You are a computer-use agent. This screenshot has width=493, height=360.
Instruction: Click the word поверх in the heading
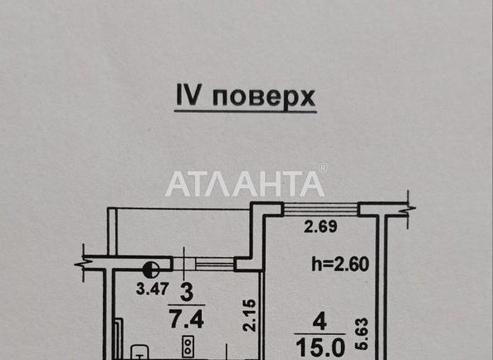pos(264,97)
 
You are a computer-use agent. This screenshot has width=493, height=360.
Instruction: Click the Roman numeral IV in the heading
pos(188,95)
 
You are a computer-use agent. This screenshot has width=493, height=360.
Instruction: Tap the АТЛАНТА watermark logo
pos(245,184)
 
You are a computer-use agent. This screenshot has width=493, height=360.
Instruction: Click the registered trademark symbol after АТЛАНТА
pos(323,168)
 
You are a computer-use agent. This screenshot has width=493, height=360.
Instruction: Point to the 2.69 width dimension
pos(320,226)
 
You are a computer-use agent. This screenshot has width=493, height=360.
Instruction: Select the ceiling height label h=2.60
pos(340,264)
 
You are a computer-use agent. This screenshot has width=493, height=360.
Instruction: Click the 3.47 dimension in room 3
pos(153,289)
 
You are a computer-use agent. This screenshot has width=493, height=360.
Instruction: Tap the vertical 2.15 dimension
pos(250,315)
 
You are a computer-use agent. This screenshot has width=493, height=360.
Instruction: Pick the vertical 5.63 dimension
pos(361,333)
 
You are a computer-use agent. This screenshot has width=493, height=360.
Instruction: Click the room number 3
pos(187,293)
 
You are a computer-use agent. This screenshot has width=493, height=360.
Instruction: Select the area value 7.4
pos(187,319)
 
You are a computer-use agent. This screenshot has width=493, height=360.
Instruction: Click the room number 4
pos(320,322)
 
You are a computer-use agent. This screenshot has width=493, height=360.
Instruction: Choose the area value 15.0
pos(320,347)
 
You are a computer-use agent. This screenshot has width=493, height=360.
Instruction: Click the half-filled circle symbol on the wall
pos(151,270)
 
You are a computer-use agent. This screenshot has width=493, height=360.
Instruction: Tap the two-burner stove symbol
pos(188,346)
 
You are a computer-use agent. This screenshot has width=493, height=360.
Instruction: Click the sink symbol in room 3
pos(139,353)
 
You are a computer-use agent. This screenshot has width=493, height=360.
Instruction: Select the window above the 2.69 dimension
pos(320,209)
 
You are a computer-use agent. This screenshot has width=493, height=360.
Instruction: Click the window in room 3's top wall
pos(204,264)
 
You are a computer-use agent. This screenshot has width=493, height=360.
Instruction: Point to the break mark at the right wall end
pos(408,209)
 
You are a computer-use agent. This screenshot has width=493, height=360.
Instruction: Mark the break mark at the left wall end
pos(83,263)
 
